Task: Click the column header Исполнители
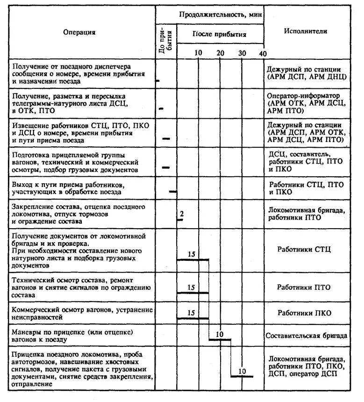click(x=305, y=31)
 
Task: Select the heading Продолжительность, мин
click(x=221, y=15)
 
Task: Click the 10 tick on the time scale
click(x=199, y=53)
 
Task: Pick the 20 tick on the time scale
click(x=221, y=53)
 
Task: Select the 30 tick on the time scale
click(x=242, y=53)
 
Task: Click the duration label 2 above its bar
click(x=181, y=214)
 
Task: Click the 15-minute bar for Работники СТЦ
click(x=193, y=259)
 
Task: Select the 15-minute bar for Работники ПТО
click(x=193, y=293)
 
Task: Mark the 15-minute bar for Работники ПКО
click(x=193, y=318)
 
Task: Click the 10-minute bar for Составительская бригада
click(x=220, y=339)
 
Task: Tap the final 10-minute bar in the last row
click(x=242, y=376)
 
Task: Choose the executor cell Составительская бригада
click(x=306, y=336)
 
